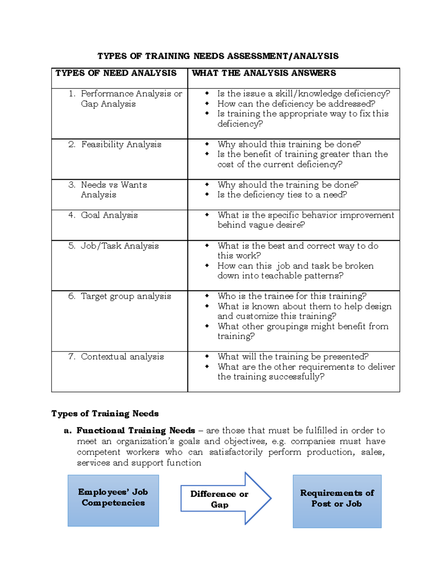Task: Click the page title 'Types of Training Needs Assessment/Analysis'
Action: click(x=218, y=56)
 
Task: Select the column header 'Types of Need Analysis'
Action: click(x=116, y=73)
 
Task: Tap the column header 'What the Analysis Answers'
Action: click(x=264, y=73)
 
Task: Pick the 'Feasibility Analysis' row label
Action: click(x=121, y=145)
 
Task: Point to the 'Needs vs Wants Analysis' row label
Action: click(x=114, y=190)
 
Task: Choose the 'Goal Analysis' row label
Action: click(x=109, y=215)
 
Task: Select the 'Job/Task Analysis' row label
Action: click(x=120, y=246)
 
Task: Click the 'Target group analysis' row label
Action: click(x=126, y=296)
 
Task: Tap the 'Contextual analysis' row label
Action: click(x=122, y=357)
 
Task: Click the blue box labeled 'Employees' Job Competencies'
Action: click(x=113, y=500)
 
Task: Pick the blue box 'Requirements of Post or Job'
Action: click(x=337, y=501)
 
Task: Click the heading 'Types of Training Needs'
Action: click(x=105, y=414)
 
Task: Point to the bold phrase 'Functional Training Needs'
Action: click(x=136, y=431)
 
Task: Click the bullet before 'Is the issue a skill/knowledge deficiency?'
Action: click(x=207, y=93)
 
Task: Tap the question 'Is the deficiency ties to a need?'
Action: click(x=282, y=195)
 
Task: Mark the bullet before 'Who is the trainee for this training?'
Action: click(x=207, y=296)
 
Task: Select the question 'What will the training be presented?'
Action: click(x=293, y=357)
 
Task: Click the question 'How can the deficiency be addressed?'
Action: click(x=296, y=104)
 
